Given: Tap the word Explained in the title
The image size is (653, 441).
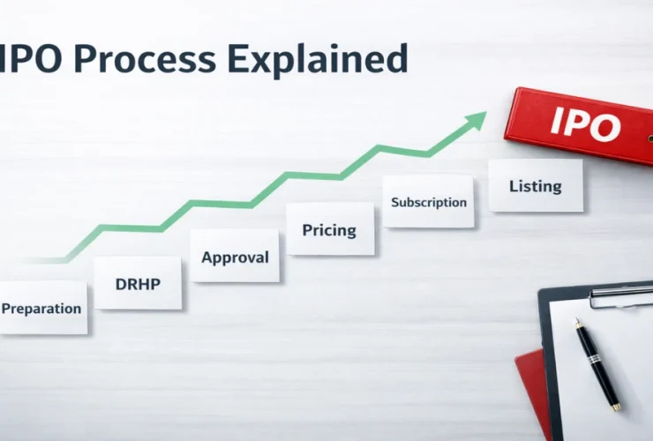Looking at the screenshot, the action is point(318,60).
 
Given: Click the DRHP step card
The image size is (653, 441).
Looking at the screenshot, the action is point(138,283).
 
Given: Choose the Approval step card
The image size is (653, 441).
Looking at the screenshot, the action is point(235,256).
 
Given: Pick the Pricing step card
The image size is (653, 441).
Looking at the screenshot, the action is point(330,229).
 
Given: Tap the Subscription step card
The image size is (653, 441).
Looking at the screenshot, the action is point(428,202).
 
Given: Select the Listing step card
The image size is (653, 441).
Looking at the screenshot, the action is point(536,185).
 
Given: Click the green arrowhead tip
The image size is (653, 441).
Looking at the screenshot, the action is point(486,112).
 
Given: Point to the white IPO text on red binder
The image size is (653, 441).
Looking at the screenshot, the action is point(585,123).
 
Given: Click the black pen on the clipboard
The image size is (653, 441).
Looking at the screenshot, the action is point(598,364).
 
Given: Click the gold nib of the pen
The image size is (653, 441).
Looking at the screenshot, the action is point(578,321).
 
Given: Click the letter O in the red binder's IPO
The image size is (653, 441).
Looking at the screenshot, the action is point(604,127).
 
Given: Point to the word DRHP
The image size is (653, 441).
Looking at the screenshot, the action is point(138,284).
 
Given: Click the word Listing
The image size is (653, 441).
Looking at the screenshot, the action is point(536,186).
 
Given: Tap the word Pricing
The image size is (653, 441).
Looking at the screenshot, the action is point(329,230).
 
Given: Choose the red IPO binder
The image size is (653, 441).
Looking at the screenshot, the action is point(579,126).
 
